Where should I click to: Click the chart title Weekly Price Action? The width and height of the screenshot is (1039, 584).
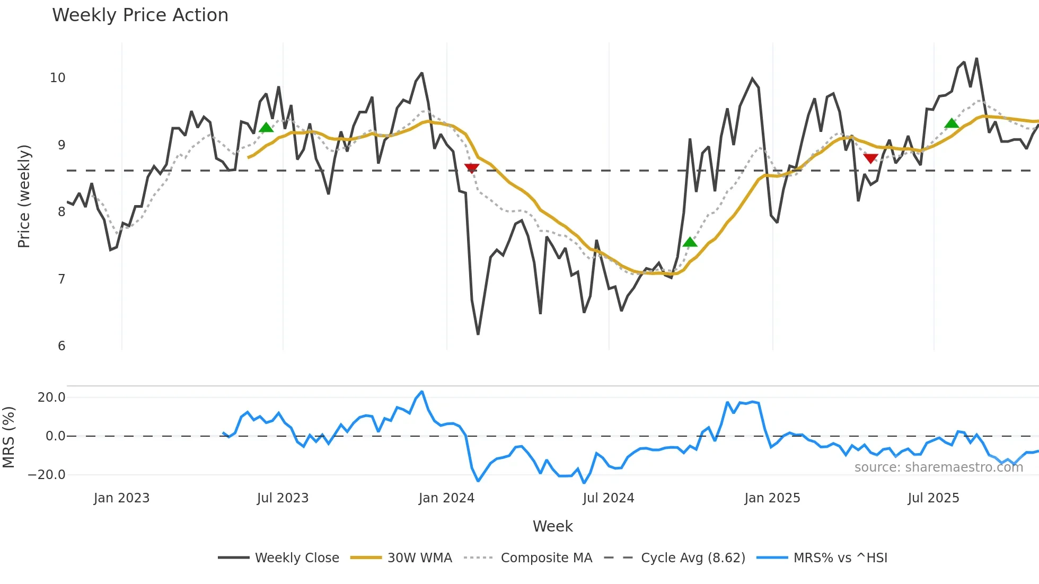tap(140, 15)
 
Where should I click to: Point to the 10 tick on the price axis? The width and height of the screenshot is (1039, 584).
tap(58, 78)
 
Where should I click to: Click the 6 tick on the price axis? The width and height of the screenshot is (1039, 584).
tap(61, 346)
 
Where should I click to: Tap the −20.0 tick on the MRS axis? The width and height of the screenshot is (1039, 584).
tap(47, 475)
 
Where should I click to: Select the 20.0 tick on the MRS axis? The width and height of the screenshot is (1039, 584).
tap(51, 397)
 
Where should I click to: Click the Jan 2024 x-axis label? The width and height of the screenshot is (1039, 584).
tap(446, 498)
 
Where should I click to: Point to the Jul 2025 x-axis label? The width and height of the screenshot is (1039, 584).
tap(933, 498)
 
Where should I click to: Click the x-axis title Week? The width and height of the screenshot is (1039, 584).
tap(552, 526)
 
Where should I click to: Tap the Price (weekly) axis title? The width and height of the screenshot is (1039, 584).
tap(24, 196)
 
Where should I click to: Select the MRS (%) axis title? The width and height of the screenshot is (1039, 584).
tap(9, 437)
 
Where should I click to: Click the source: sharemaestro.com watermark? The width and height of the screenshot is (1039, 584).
tap(938, 467)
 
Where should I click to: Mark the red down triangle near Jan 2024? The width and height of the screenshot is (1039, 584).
tap(471, 168)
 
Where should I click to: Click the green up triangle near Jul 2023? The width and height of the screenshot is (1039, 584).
tap(266, 128)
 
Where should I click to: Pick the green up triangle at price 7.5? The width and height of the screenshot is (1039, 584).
tap(690, 242)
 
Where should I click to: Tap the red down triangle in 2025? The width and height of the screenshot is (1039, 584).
tap(870, 158)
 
